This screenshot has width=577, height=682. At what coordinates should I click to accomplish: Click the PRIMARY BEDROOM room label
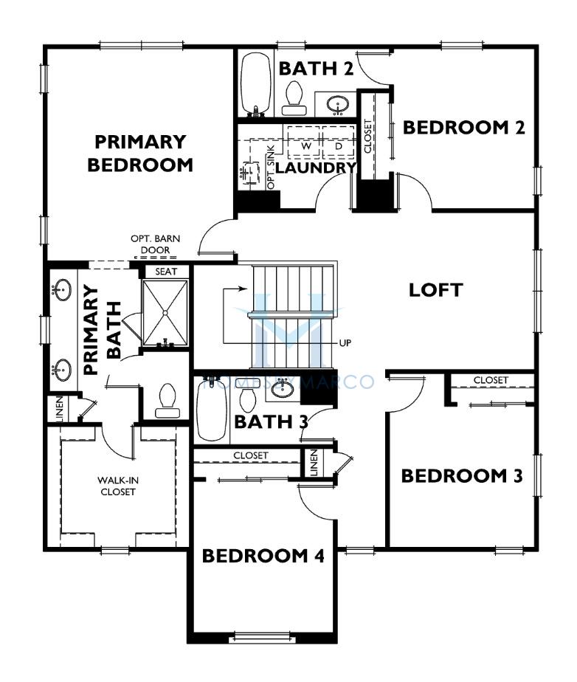click(x=140, y=153)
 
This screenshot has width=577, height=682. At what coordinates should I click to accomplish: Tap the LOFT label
click(x=435, y=290)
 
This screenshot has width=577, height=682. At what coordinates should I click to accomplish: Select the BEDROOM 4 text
click(x=263, y=556)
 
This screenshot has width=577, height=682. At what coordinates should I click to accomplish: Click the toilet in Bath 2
click(x=294, y=98)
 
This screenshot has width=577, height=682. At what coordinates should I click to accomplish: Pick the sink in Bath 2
click(x=338, y=104)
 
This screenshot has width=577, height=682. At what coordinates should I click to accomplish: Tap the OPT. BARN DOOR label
click(x=155, y=244)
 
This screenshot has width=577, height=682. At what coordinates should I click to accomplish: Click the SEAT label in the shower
click(x=166, y=272)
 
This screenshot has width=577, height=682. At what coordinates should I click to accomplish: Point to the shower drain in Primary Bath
click(x=165, y=312)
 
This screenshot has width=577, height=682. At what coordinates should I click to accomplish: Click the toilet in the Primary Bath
click(x=167, y=401)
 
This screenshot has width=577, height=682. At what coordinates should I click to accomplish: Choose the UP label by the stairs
click(x=345, y=343)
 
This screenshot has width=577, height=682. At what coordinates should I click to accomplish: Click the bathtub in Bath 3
click(x=212, y=410)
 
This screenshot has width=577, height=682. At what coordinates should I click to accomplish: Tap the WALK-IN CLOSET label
click(x=118, y=486)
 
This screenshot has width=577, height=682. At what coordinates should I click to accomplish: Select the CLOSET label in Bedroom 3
click(x=491, y=380)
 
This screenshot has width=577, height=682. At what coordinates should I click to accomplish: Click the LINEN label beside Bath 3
click(x=314, y=462)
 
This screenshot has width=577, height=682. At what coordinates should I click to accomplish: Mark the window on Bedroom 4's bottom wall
click(x=262, y=638)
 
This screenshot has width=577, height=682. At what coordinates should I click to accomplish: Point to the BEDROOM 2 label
click(x=464, y=128)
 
